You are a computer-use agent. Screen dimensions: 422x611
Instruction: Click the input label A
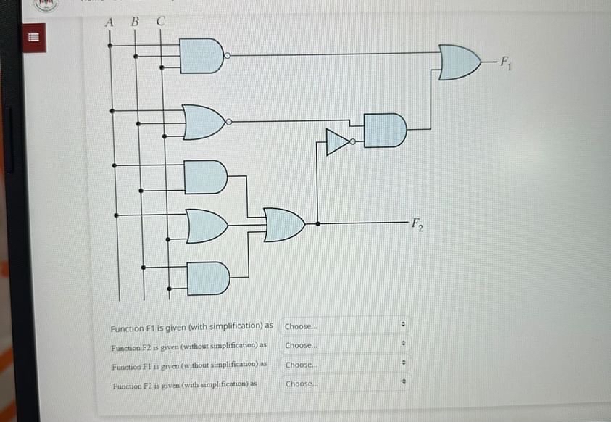coord(109,22)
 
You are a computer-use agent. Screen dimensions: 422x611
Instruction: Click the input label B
coord(134,22)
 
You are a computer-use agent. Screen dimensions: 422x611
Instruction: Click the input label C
coord(161,22)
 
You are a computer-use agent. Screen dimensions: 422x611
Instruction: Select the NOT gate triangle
coord(338,142)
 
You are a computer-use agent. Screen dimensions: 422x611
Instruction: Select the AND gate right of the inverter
coord(384,131)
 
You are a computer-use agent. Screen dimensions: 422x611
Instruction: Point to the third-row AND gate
coord(205,177)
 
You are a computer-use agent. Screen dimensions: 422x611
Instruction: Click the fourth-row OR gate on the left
coord(206,226)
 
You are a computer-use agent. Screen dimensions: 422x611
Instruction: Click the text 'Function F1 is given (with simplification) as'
coord(191,326)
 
